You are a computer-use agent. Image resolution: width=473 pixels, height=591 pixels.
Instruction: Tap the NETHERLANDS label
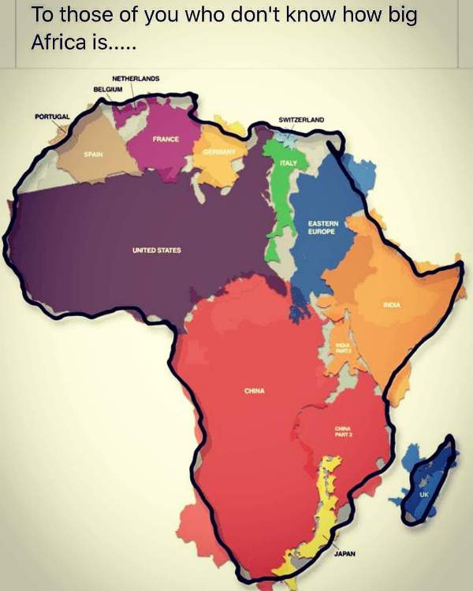pyautogui.click(x=136, y=79)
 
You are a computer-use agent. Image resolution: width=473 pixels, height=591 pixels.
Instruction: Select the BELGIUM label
pyautogui.click(x=109, y=89)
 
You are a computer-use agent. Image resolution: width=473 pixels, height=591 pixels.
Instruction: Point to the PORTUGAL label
pyautogui.click(x=52, y=117)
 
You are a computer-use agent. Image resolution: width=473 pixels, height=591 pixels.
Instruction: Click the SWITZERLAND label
pyautogui.click(x=301, y=120)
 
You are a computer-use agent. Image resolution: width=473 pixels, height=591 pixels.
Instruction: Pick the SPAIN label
pyautogui.click(x=94, y=154)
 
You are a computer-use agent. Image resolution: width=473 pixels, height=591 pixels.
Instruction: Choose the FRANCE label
pyautogui.click(x=166, y=139)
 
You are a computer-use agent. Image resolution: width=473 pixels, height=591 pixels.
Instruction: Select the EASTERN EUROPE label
pyautogui.click(x=323, y=228)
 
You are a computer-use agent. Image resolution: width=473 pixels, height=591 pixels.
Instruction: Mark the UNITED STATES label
pyautogui.click(x=156, y=251)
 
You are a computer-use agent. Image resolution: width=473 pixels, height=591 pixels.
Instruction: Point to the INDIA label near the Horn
pyautogui.click(x=392, y=304)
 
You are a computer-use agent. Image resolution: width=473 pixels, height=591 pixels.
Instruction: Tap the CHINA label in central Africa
pyautogui.click(x=254, y=390)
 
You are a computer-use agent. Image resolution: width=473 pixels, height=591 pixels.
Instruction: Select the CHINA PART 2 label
pyautogui.click(x=343, y=430)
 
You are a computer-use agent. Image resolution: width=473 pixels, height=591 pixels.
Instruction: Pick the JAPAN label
pyautogui.click(x=345, y=554)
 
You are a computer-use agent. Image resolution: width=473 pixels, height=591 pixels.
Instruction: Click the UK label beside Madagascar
pyautogui.click(x=423, y=494)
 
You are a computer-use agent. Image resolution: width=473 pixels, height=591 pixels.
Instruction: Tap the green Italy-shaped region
pyautogui.click(x=276, y=205)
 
